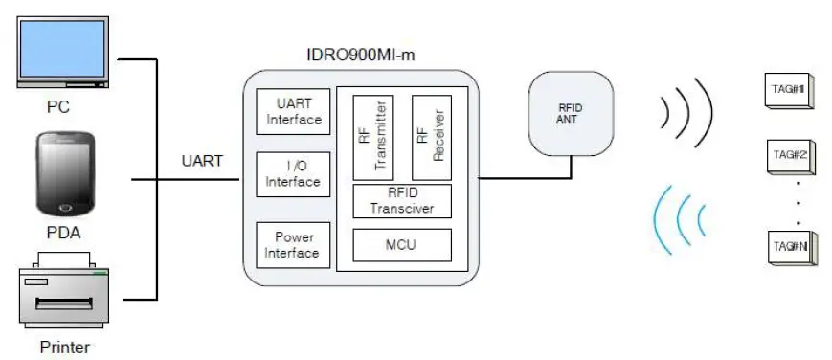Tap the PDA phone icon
click(66, 173)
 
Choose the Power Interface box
click(293, 245)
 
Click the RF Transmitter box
click(372, 137)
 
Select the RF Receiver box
click(431, 137)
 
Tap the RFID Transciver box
click(402, 202)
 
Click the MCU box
click(402, 245)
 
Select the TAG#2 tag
click(790, 155)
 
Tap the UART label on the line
click(202, 161)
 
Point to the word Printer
click(65, 347)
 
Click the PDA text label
click(63, 232)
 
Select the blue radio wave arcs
click(680, 218)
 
